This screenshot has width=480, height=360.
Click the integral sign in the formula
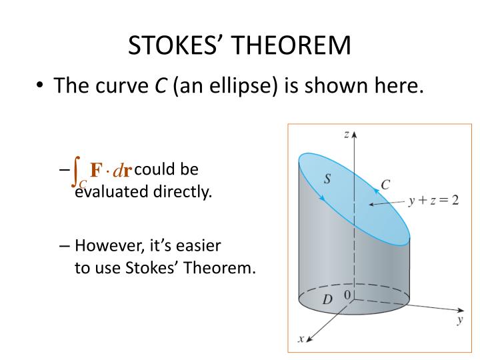click(78, 170)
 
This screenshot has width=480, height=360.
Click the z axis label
click(346, 134)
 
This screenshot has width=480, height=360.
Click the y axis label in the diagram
click(460, 320)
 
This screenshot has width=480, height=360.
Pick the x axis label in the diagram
click(301, 339)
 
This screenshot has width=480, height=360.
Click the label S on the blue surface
click(327, 178)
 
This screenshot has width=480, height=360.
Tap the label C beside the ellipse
click(385, 185)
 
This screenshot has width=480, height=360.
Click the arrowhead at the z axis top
click(355, 133)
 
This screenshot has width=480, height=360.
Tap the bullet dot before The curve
click(41, 86)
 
